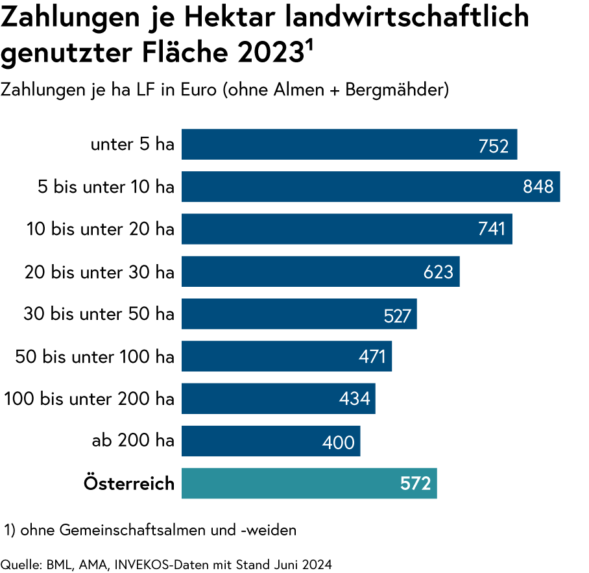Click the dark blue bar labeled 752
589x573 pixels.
(x=324, y=144)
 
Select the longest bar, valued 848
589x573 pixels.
(x=350, y=187)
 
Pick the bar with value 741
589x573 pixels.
(x=324, y=229)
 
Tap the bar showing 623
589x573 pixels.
(x=298, y=271)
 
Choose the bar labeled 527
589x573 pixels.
(x=279, y=314)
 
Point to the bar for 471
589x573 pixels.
(x=266, y=356)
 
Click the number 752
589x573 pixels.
(x=494, y=147)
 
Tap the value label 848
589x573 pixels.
(x=538, y=187)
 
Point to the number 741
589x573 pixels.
(x=492, y=229)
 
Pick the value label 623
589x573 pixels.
(x=439, y=272)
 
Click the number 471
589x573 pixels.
(x=372, y=356)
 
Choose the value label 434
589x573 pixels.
(x=355, y=398)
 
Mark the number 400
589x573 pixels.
(x=339, y=443)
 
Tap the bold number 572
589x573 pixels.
(x=416, y=484)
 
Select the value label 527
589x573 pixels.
(x=398, y=316)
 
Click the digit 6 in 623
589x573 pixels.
(x=429, y=272)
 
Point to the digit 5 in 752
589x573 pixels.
(x=494, y=147)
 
